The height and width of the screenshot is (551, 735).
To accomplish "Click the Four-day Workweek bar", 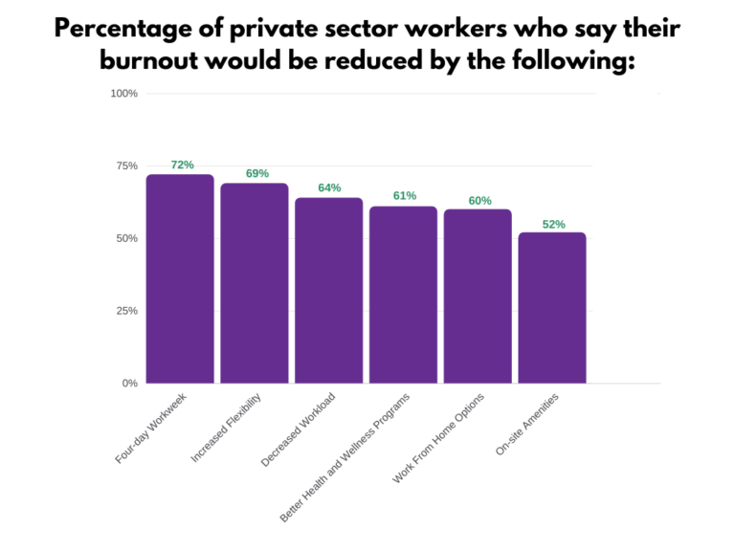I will tap(180, 279).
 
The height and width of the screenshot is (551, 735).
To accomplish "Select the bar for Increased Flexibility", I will tap(255, 283).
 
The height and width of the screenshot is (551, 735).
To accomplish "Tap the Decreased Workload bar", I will tap(329, 291).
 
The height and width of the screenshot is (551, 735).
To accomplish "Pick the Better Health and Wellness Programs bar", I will tap(403, 295).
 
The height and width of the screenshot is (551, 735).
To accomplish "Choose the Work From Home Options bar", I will tap(478, 297).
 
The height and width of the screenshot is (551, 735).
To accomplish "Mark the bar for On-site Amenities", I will tap(552, 308).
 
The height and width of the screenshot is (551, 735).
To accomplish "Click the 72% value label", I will tap(182, 165).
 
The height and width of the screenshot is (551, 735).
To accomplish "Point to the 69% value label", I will tap(256, 174).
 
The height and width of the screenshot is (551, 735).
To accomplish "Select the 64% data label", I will tap(329, 188).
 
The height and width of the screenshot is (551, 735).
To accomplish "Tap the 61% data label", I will tap(405, 196).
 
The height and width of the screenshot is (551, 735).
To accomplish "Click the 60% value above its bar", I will tap(479, 201).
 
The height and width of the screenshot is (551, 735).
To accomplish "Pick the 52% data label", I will tap(553, 225).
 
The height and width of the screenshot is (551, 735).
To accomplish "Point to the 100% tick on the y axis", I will tap(124, 94).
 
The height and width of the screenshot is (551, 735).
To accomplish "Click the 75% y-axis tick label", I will tap(126, 165).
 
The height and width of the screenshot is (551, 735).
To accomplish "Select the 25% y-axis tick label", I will tap(126, 311).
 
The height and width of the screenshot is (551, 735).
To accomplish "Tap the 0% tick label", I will tap(129, 384).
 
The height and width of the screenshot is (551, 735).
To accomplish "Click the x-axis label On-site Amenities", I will tap(527, 425).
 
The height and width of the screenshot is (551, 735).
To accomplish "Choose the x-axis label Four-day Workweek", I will tap(151, 430).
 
